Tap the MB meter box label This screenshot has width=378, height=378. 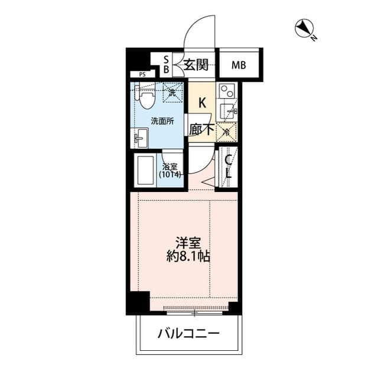pos(239,65)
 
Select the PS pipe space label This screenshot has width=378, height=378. pos(142,74)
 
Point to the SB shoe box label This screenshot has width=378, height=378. pos(166,64)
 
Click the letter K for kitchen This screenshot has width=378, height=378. pos(202,103)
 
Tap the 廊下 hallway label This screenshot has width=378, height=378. pos(201,128)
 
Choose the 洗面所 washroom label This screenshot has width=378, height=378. pos(162,121)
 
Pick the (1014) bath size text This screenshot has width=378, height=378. pos(171,175)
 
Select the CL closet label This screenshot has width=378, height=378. pos(227,167)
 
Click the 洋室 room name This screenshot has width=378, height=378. pos(185,243)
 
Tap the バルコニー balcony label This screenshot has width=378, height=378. pos(188,334)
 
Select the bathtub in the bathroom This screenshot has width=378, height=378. pos(145,171)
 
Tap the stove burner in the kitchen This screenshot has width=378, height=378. pos(227,92)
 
